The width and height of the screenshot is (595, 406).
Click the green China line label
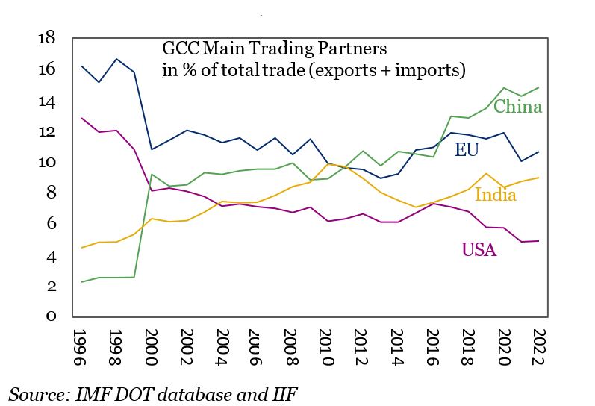tap(517, 107)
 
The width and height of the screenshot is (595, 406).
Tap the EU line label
tap(467, 149)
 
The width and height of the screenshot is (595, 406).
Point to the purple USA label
tap(479, 250)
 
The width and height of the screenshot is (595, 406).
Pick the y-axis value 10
tap(46, 163)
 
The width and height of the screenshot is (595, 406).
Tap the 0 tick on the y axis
tap(52, 316)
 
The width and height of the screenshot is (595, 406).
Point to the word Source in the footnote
tap(37, 393)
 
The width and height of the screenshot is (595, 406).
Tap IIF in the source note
tap(284, 393)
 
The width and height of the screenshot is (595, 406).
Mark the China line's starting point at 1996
tap(81, 282)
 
